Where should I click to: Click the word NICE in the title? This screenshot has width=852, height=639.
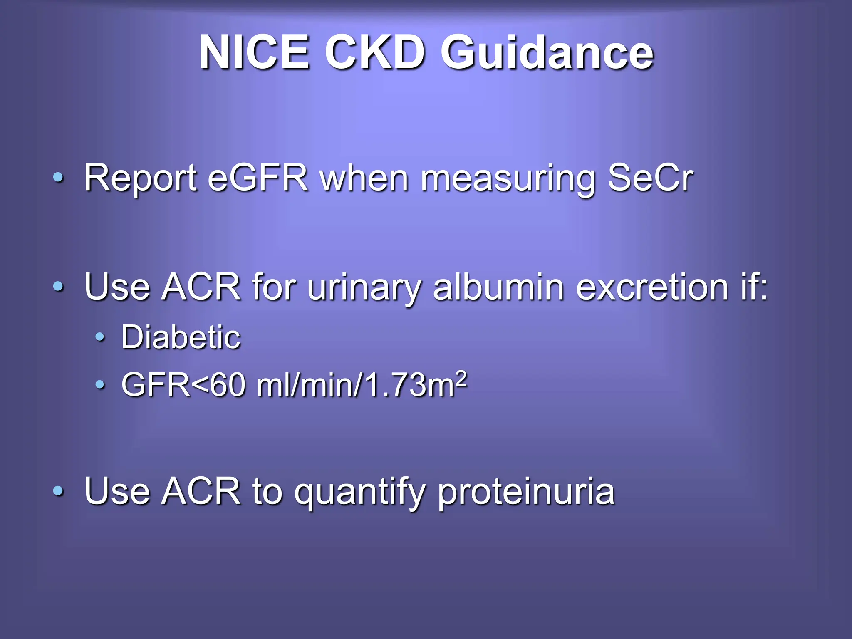pos(254,53)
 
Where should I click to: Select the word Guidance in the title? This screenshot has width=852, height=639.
pos(547,53)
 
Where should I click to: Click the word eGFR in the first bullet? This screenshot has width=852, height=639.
pos(258,178)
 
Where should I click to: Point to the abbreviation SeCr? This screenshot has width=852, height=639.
pos(650,178)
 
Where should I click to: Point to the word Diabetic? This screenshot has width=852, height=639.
pos(181,337)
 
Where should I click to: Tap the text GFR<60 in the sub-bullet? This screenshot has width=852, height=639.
pos(183,385)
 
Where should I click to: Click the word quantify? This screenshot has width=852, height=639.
pos(359,493)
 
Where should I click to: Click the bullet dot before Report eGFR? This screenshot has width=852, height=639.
pos(59,178)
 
